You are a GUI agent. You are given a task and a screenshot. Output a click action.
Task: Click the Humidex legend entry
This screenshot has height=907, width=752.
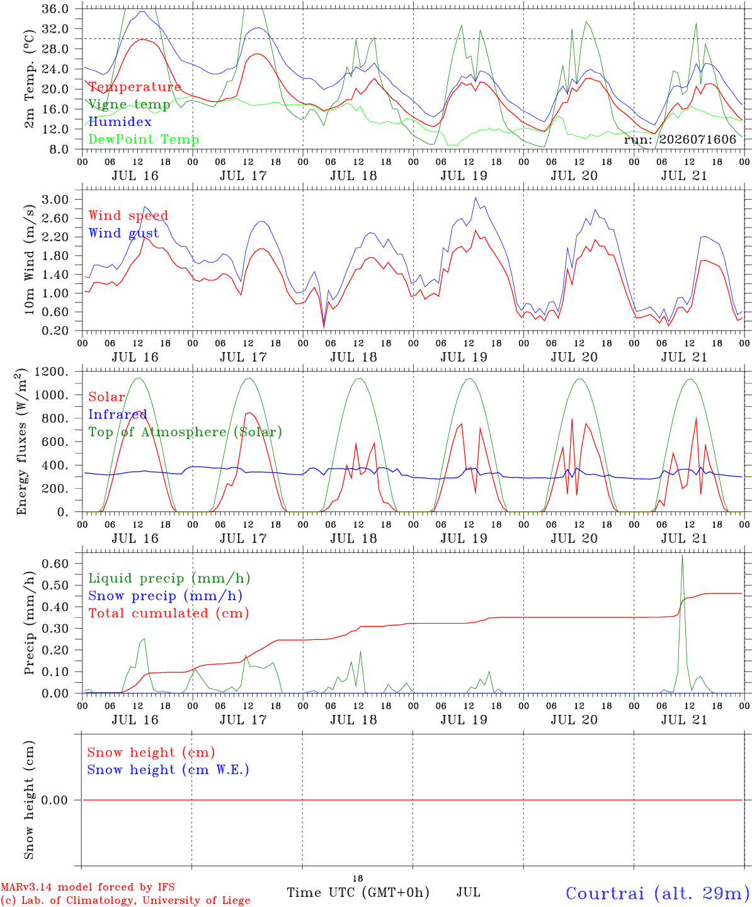pos(120,122)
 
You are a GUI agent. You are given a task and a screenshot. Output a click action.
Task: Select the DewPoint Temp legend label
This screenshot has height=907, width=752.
pos(144,139)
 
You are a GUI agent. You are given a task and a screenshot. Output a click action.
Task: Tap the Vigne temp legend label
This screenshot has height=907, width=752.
pos(130,105)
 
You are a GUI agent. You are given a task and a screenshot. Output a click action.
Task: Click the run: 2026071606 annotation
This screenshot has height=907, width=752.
pos(680,139)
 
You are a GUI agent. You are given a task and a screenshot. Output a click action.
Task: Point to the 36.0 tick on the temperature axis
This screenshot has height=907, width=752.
pos(55,9)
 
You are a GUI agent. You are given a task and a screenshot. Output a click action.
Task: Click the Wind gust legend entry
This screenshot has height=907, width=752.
pos(123,233)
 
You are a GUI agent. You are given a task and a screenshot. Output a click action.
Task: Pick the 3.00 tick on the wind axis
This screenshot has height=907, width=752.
pos(55,200)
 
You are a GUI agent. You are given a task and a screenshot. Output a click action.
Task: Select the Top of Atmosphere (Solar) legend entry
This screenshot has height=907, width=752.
pos(186,432)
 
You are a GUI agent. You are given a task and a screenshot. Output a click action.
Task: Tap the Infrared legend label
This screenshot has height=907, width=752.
pos(118,414)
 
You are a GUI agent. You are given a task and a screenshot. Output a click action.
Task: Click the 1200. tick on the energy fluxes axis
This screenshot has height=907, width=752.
pos(51,372)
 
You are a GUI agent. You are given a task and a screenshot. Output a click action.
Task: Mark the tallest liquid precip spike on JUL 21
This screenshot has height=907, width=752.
pos(682,556)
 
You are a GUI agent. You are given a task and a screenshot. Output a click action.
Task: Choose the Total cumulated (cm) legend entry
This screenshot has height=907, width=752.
pos(169,613)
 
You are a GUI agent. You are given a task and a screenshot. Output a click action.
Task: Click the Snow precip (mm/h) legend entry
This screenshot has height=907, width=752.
pos(165,596)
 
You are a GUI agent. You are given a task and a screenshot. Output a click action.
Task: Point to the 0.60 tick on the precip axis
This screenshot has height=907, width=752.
pos(55,563)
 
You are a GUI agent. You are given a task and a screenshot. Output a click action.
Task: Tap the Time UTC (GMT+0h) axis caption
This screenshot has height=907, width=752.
pos(358,893)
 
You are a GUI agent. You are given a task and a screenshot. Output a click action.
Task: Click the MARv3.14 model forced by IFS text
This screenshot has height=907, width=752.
pos(88,887)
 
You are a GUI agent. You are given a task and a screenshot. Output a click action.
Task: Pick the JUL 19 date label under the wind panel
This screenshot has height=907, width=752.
pos(464,357)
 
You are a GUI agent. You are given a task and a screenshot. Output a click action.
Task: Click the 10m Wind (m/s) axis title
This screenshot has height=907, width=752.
pos(29,259)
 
